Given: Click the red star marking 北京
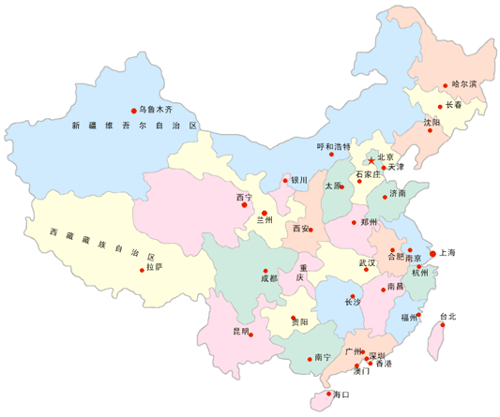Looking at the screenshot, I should pyautogui.click(x=371, y=161).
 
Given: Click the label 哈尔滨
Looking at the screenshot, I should pyautogui.click(x=464, y=84).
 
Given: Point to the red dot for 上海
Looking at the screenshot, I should pyautogui.click(x=432, y=253).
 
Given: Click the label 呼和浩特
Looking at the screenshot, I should pyautogui.click(x=332, y=146).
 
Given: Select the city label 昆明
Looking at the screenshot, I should pyautogui.click(x=241, y=331).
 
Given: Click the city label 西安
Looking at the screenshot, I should pyautogui.click(x=300, y=228).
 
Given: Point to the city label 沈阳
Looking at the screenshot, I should pyautogui.click(x=431, y=122).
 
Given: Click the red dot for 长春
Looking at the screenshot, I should pyautogui.click(x=440, y=107).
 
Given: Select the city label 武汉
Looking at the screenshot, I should pyautogui.click(x=367, y=262).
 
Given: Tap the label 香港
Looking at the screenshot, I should pyautogui.click(x=385, y=363).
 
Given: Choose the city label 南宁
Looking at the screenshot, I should pyautogui.click(x=323, y=357).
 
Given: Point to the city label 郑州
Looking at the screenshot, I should pyautogui.click(x=369, y=222).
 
